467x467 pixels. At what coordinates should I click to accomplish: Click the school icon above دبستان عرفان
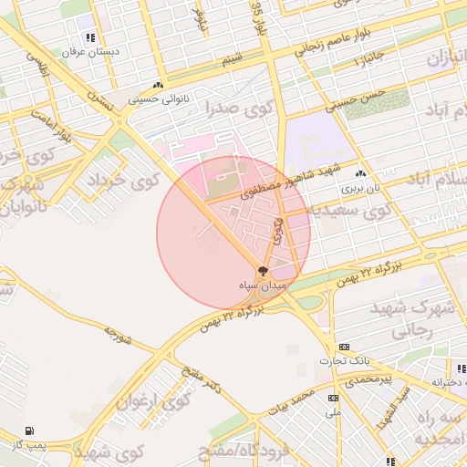click(89, 37)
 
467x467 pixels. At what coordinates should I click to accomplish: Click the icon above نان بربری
click(361, 173)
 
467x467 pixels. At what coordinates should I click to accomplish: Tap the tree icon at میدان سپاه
click(263, 271)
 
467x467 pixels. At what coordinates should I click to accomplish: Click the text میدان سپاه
click(263, 286)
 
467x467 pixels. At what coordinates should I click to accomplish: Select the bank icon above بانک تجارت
click(344, 347)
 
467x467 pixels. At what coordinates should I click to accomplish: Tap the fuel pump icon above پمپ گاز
click(31, 431)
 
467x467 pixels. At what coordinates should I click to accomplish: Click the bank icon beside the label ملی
click(332, 398)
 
